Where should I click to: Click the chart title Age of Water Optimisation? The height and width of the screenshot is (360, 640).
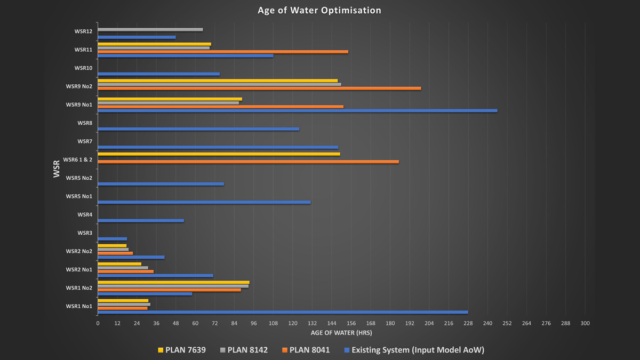[319, 10]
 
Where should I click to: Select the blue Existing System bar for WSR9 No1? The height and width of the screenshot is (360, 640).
[297, 111]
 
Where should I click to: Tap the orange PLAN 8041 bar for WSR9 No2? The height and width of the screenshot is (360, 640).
[259, 89]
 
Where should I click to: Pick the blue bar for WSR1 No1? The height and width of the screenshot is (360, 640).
[283, 312]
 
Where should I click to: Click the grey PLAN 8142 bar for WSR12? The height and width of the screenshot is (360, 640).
[150, 29]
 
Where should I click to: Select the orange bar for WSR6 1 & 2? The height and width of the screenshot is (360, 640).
[248, 162]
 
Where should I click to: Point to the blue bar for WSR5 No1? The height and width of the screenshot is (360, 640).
[204, 202]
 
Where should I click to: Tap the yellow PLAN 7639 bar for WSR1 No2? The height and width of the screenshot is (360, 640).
[173, 282]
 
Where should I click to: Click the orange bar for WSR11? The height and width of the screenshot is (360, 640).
[222, 52]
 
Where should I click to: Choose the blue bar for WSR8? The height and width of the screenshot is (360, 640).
[198, 129]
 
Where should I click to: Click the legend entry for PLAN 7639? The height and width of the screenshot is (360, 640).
[181, 350]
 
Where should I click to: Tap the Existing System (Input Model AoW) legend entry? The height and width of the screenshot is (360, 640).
[414, 350]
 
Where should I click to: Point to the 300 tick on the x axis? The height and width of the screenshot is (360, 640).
[585, 323]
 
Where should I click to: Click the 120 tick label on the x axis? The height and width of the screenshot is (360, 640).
[293, 323]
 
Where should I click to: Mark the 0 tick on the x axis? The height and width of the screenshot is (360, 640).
[98, 323]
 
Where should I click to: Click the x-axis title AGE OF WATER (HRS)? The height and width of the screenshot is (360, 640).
[341, 333]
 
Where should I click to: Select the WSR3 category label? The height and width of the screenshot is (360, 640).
[85, 233]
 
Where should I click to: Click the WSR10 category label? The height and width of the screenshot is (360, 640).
[83, 68]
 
